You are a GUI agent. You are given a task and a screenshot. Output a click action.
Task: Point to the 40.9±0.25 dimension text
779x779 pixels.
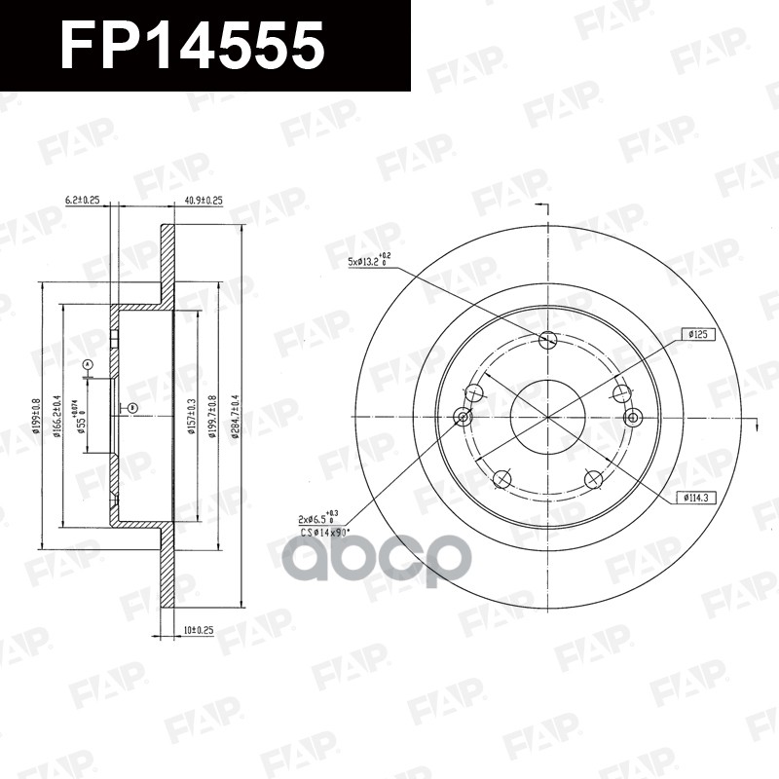coord(204,200)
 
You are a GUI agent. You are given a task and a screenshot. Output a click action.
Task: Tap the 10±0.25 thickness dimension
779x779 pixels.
coord(198,631)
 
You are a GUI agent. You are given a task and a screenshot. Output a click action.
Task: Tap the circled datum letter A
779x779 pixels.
coord(88,365)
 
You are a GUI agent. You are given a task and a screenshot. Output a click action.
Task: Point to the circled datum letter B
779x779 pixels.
coord(132,407)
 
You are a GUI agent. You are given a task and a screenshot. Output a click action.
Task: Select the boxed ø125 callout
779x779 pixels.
coord(701,334)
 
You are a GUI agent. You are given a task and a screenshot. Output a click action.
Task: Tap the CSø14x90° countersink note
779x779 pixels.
coord(324,533)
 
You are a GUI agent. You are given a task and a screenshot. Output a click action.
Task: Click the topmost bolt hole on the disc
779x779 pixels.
coord(547,340)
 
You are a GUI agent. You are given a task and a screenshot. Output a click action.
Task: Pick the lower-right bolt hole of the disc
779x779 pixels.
coord(592,478)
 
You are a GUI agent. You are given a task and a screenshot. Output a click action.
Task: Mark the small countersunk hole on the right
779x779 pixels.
coord(634,418)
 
